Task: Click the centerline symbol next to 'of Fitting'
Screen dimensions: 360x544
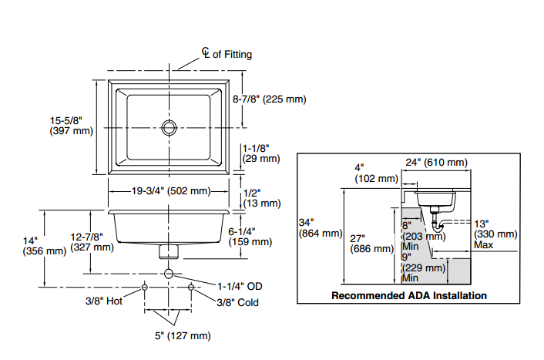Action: click(x=206, y=52)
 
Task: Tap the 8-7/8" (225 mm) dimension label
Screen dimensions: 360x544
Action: click(x=269, y=99)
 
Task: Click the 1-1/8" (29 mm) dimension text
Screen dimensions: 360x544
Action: click(x=261, y=153)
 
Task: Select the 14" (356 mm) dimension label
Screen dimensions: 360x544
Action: click(x=45, y=245)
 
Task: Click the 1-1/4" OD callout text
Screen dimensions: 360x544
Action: click(x=239, y=285)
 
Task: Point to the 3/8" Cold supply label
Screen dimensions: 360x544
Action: click(x=237, y=302)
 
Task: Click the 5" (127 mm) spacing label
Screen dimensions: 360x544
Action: click(x=182, y=335)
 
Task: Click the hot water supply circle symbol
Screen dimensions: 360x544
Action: click(x=145, y=286)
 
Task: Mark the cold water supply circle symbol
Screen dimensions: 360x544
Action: click(x=191, y=286)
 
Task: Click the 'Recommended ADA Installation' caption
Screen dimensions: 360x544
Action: click(x=408, y=295)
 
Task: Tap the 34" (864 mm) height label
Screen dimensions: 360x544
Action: click(x=319, y=228)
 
